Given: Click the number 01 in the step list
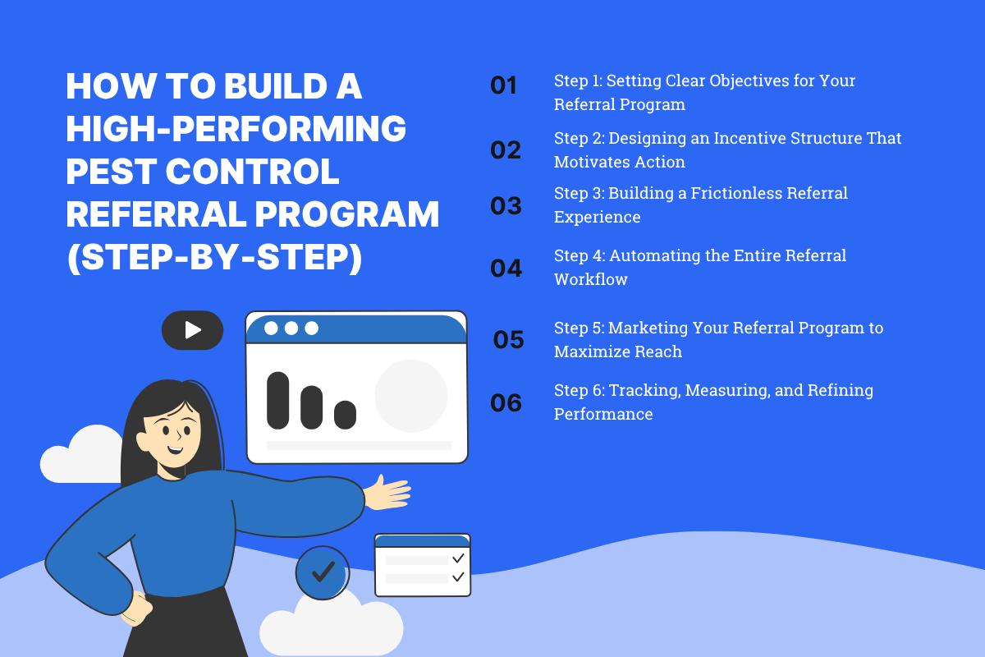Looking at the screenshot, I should [504, 85].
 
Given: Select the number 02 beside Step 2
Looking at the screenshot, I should [506, 150].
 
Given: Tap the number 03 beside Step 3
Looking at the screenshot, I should [506, 206].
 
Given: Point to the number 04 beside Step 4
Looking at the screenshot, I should [506, 269].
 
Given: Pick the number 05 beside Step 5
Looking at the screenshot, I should [508, 340].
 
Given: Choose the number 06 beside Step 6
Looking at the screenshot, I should [506, 403].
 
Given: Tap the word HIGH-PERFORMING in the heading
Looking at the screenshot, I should [236, 129].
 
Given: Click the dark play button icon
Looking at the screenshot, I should [192, 330].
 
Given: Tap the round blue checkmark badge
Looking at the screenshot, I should [323, 572].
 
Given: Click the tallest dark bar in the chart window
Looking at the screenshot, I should [278, 400].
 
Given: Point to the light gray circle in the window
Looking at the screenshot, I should [411, 396].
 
